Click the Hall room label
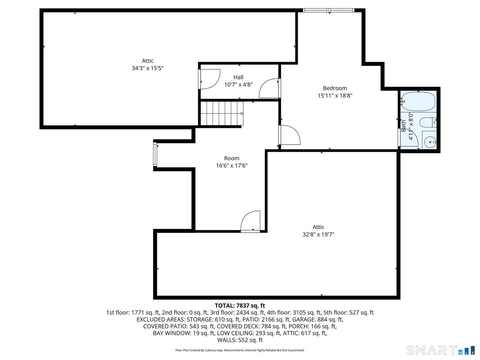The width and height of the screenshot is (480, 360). [x=238, y=77]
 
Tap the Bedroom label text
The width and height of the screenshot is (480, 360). [x=335, y=88]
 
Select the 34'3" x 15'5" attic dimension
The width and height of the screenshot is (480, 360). [x=148, y=68]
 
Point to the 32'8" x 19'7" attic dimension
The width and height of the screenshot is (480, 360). [x=318, y=234]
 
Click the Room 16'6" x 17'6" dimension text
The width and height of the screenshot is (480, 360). [x=232, y=166]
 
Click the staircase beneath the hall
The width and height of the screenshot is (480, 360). [x=222, y=113]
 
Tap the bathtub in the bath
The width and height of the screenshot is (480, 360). [x=418, y=101]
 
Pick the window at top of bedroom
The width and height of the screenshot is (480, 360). [x=328, y=11]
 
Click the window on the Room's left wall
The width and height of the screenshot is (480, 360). [x=155, y=154]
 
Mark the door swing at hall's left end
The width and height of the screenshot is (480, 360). [x=209, y=79]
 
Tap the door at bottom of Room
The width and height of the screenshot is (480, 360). [x=251, y=221]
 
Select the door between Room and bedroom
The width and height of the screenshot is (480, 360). [x=289, y=135]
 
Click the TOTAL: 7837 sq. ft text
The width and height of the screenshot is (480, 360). [x=240, y=306]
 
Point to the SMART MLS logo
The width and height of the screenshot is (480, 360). [x=440, y=351]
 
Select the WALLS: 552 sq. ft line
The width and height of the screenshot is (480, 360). [x=240, y=340]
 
